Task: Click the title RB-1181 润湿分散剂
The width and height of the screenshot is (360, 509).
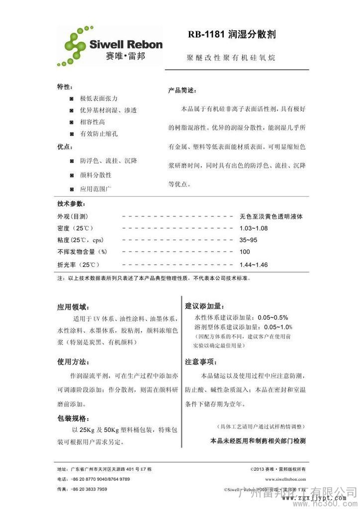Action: pos(232,35)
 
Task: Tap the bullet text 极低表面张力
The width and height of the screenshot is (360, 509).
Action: pos(99,98)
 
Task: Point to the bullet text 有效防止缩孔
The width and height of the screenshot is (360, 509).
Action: pos(99,134)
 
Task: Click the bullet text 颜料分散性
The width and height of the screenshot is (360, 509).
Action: pos(96,175)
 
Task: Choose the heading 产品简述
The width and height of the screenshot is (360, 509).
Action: pos(182,91)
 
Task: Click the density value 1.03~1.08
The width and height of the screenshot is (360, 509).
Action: pos(253,228)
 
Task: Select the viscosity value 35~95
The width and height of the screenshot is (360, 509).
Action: pos(248,240)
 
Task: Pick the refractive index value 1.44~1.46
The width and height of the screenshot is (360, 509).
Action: pos(253,264)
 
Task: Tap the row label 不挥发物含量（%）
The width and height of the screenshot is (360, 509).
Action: pos(83,252)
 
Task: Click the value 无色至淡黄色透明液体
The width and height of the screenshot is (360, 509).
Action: pos(271,217)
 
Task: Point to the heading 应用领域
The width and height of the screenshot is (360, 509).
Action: pos(74,307)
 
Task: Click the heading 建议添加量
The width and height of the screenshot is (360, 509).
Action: pos(205,305)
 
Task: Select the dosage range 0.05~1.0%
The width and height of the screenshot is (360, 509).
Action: pos(278,327)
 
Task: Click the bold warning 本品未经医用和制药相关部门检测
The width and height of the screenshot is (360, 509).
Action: pos(258,441)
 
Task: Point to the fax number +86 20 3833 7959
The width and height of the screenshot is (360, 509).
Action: pos(89,489)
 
